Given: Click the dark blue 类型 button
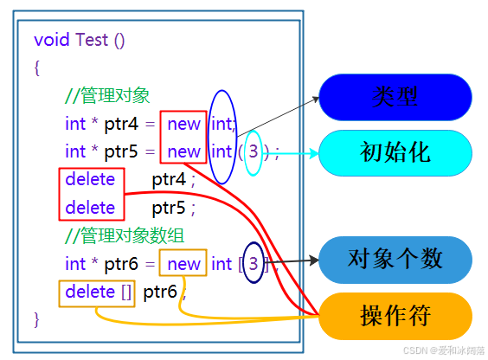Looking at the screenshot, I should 395,96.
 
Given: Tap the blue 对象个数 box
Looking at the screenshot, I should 395,259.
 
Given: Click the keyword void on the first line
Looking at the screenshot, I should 51,40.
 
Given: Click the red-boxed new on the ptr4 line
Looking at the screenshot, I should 183,124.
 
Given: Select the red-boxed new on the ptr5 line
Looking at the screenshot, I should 183,152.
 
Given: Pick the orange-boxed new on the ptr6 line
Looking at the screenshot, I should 183,264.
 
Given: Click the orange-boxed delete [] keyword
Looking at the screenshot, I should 98,292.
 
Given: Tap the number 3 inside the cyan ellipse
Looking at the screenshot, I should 253,152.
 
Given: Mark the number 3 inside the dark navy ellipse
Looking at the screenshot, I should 253,263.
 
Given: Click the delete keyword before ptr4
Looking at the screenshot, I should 90,180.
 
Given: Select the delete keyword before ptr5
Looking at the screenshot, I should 90,208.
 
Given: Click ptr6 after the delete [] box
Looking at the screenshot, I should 160,292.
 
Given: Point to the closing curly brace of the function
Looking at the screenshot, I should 36,319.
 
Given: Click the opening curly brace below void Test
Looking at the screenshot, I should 36,68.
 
